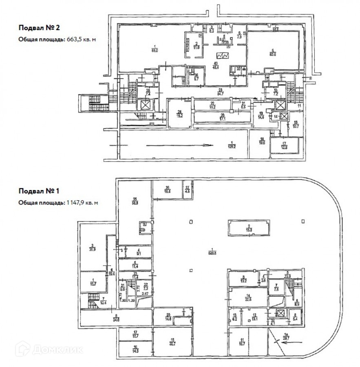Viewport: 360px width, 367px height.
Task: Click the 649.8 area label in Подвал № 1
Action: point(212,251)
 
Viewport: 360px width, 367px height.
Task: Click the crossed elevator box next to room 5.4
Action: point(280,314)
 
